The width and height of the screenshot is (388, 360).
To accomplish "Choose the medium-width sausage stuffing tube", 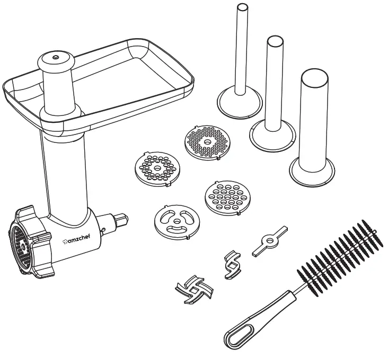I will coord(274,85).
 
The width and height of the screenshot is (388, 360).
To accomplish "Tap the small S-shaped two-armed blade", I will coord(232,263).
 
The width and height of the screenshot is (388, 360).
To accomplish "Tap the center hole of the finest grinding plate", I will coord(208,142).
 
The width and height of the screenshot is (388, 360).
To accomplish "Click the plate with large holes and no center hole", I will coord(225,197).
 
